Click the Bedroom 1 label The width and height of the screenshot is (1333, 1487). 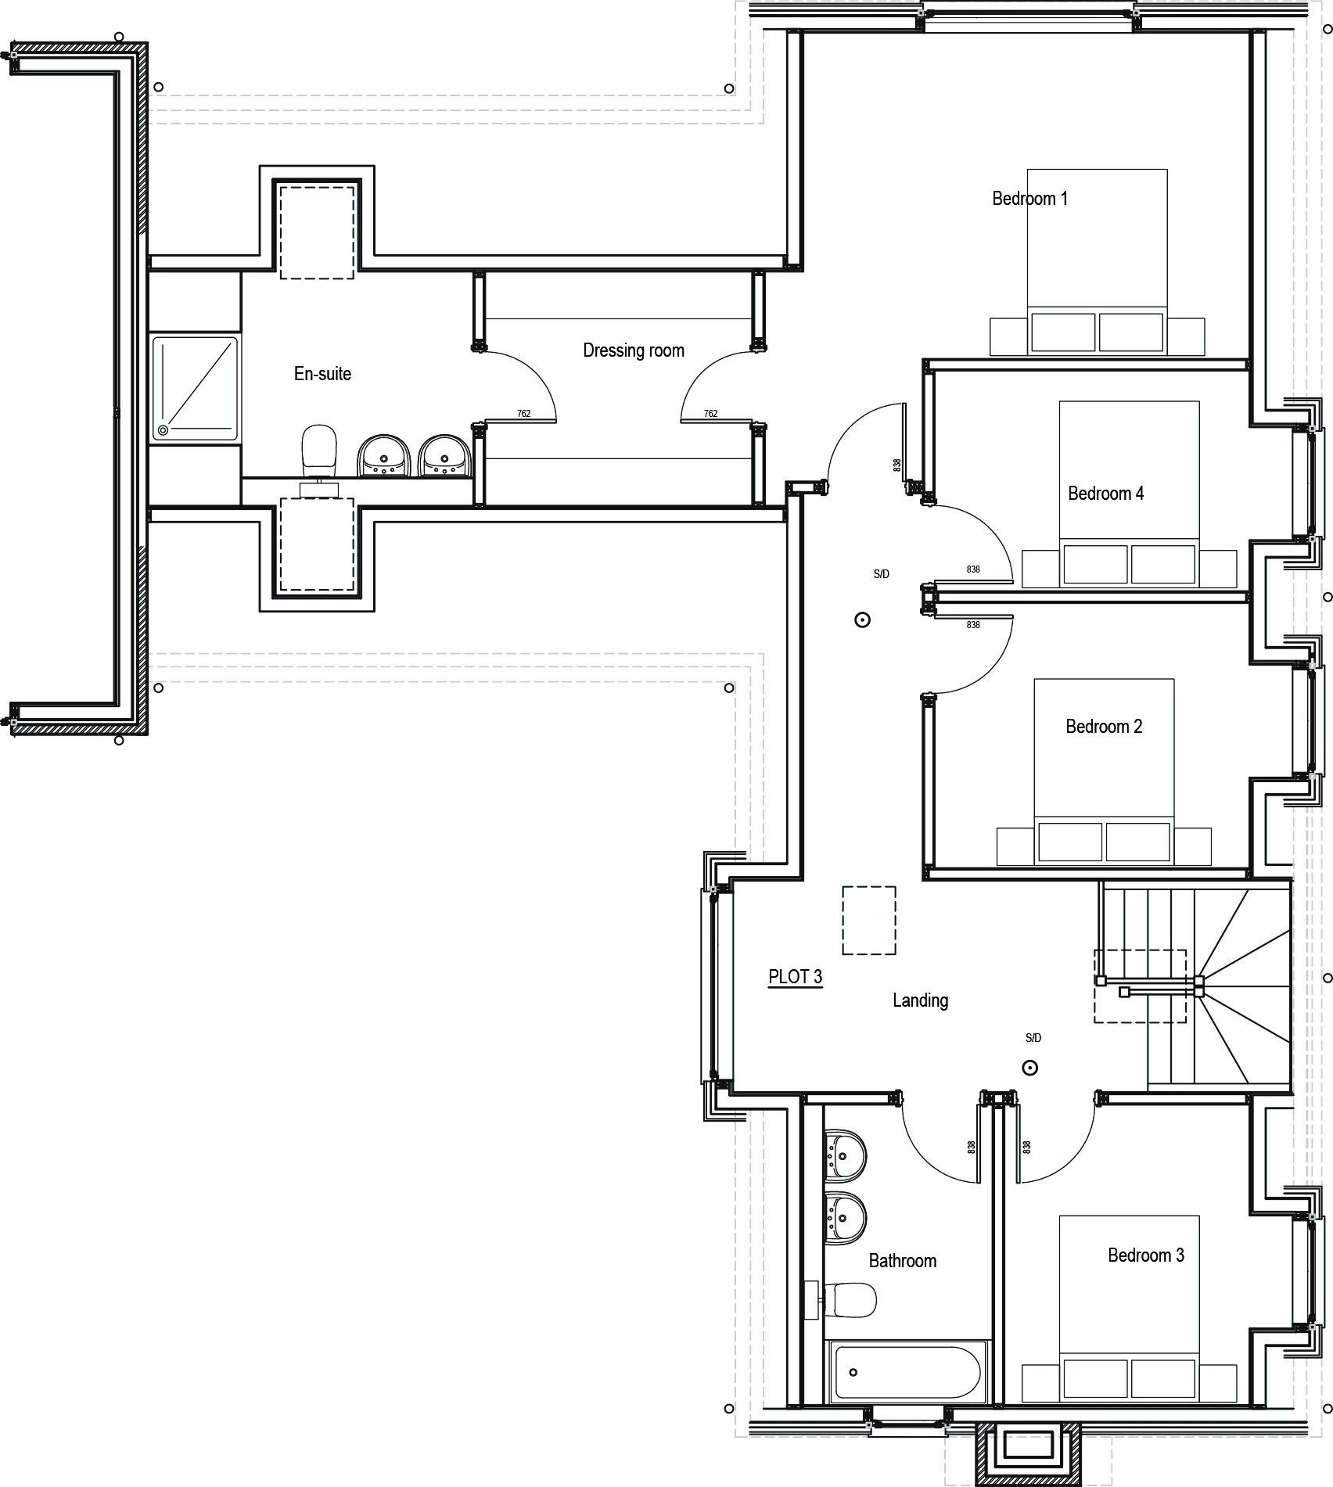click(x=1029, y=199)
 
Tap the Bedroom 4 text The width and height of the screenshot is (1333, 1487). click(x=1105, y=494)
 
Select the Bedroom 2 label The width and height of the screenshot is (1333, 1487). click(x=1104, y=727)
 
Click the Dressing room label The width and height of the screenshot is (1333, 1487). click(x=634, y=350)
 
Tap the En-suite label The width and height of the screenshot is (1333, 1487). click(x=322, y=374)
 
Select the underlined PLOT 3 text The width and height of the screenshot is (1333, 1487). click(x=796, y=977)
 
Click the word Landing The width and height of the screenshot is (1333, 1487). click(x=921, y=1000)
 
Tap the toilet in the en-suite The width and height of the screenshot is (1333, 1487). click(x=318, y=454)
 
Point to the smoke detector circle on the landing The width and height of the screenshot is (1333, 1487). click(x=1030, y=1068)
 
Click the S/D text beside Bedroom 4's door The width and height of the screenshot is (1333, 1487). click(x=882, y=574)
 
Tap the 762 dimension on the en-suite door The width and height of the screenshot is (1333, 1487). click(x=524, y=414)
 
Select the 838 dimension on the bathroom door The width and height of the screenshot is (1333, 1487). click(x=972, y=1148)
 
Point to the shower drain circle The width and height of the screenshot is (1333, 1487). click(x=163, y=429)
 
